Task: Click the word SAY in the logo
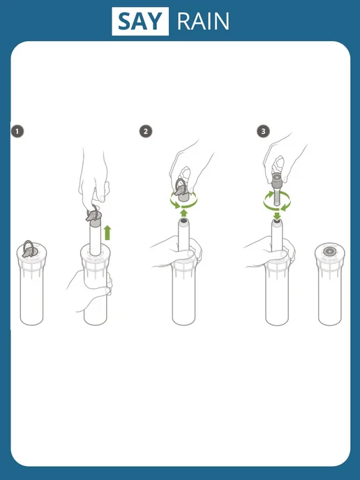[x=140, y=21]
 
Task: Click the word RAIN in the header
[x=203, y=21]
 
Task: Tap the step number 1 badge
[x=17, y=132]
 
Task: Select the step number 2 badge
[x=146, y=132]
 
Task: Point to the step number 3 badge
[x=263, y=132]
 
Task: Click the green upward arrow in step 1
[x=107, y=232]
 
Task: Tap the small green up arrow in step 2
[x=183, y=213]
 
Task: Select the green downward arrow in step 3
[x=277, y=216]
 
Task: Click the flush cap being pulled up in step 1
[x=93, y=216]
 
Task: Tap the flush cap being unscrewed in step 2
[x=183, y=191]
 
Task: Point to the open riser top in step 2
[x=183, y=221]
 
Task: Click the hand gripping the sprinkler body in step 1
[x=89, y=290]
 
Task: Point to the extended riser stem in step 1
[x=95, y=240]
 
